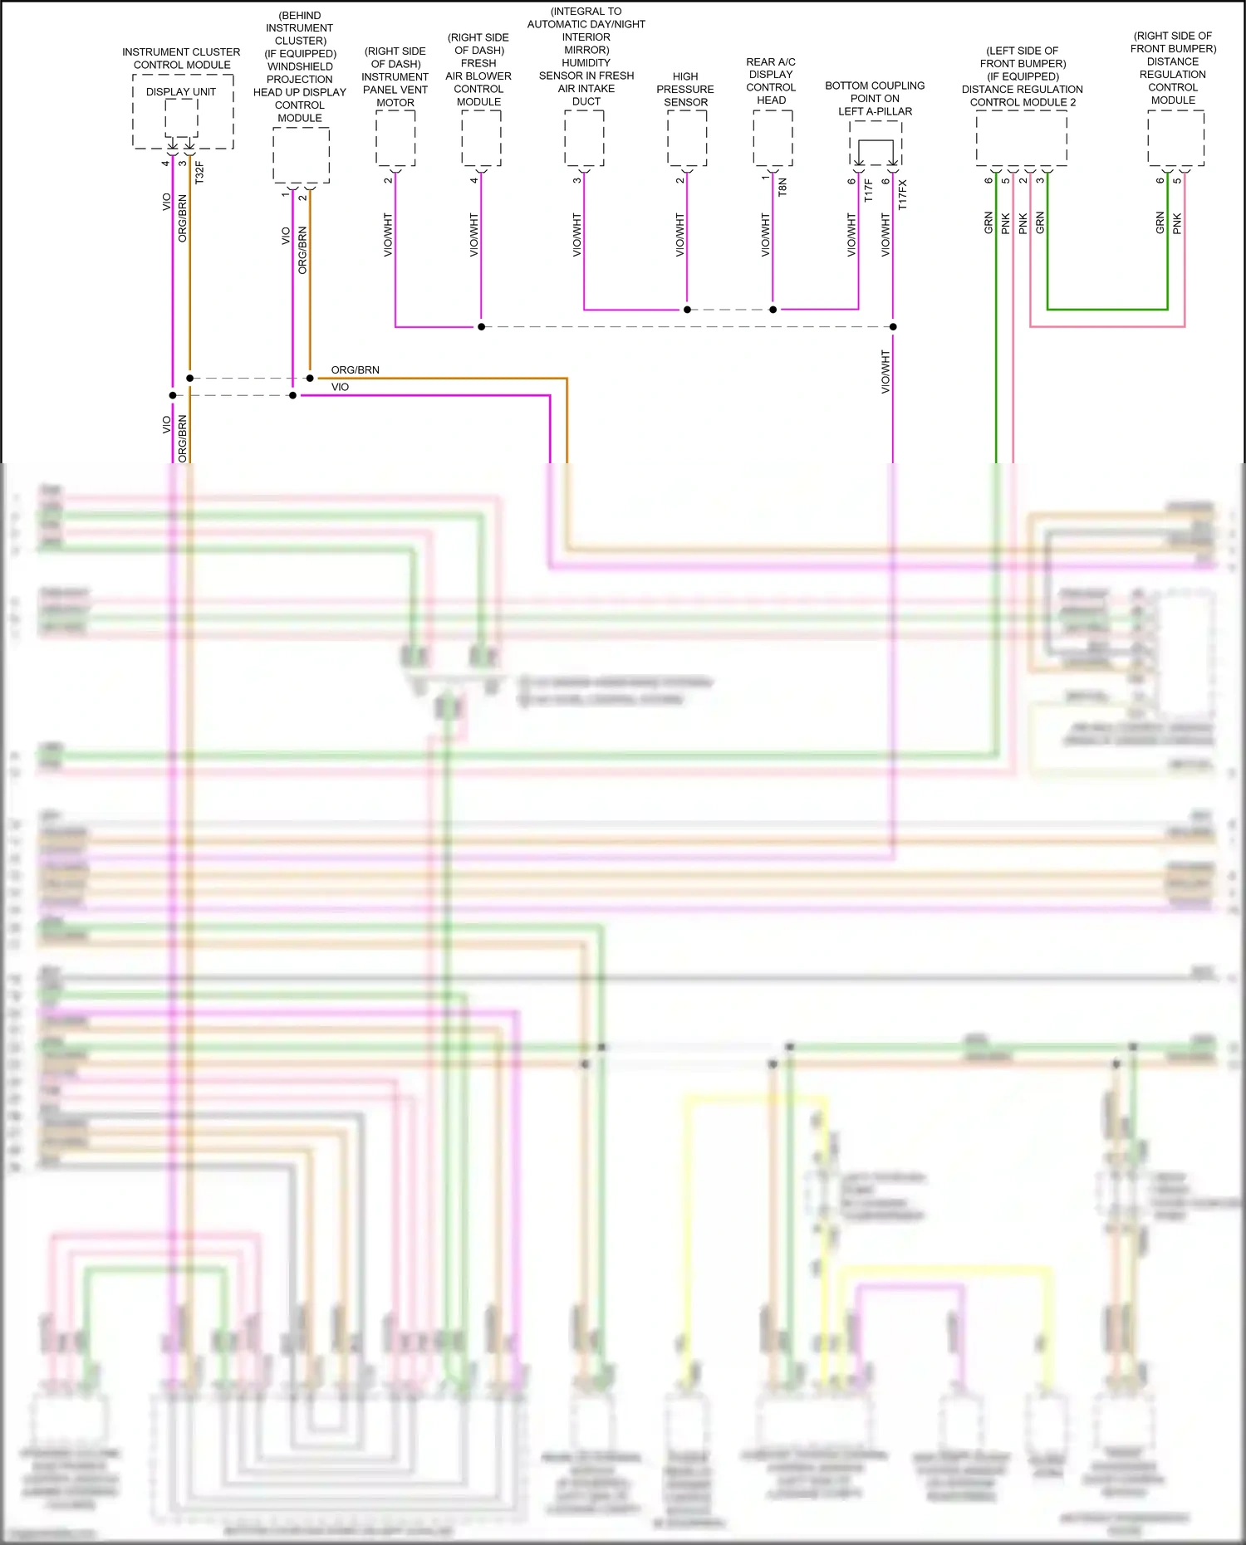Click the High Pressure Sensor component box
click(687, 138)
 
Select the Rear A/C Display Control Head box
click(773, 138)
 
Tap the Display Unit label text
click(181, 92)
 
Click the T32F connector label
click(199, 173)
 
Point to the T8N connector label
click(782, 188)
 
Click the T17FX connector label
click(903, 194)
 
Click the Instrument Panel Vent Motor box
click(395, 138)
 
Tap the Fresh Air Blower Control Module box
click(481, 138)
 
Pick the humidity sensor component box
click(584, 138)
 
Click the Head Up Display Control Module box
click(301, 155)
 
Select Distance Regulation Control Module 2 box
click(1021, 138)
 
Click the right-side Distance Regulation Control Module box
click(1175, 138)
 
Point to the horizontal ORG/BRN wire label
click(355, 370)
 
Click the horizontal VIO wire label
click(340, 387)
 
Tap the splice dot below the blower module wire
click(481, 327)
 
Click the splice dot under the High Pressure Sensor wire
click(687, 310)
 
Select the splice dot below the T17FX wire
click(893, 327)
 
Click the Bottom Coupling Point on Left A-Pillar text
click(875, 98)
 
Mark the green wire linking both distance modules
click(1106, 310)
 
